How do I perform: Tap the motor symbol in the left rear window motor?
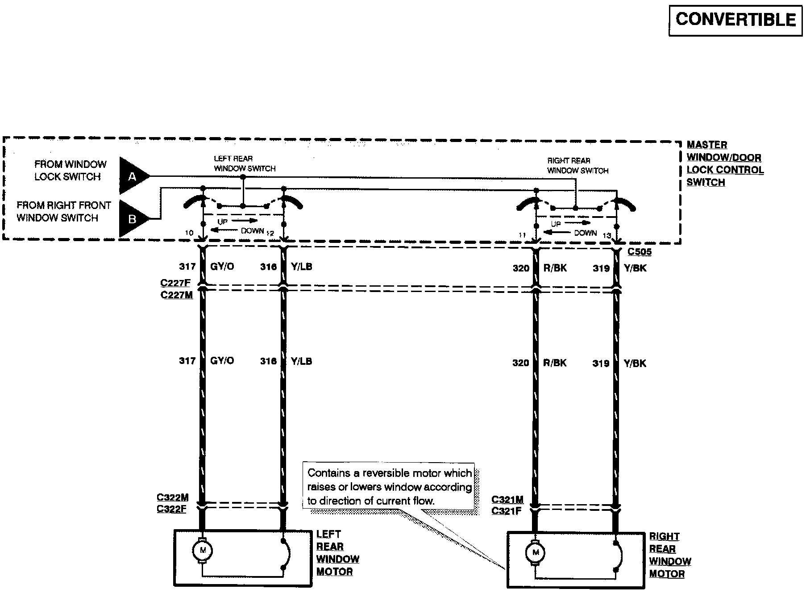203,551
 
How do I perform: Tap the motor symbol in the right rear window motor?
536,553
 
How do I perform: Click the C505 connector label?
640,252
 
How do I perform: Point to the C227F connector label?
175,283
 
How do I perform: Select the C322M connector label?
173,497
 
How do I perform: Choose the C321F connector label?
507,511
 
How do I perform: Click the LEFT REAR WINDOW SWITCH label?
245,163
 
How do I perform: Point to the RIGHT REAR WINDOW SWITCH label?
577,166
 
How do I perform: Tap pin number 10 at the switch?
189,233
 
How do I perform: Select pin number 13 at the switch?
607,235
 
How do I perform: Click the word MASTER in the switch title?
707,145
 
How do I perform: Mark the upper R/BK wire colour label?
555,268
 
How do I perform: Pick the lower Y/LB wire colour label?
301,361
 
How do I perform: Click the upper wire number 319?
601,268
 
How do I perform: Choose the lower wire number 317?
187,361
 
